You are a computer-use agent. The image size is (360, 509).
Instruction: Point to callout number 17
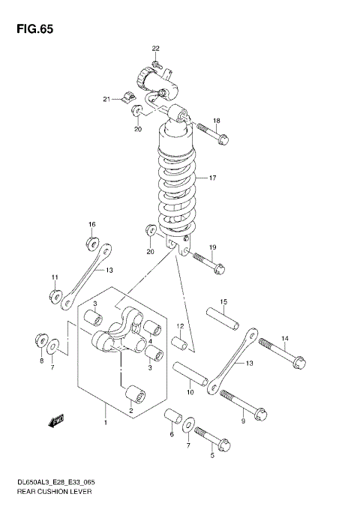[212, 178]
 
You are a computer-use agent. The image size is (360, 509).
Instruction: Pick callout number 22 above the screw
[156, 49]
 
